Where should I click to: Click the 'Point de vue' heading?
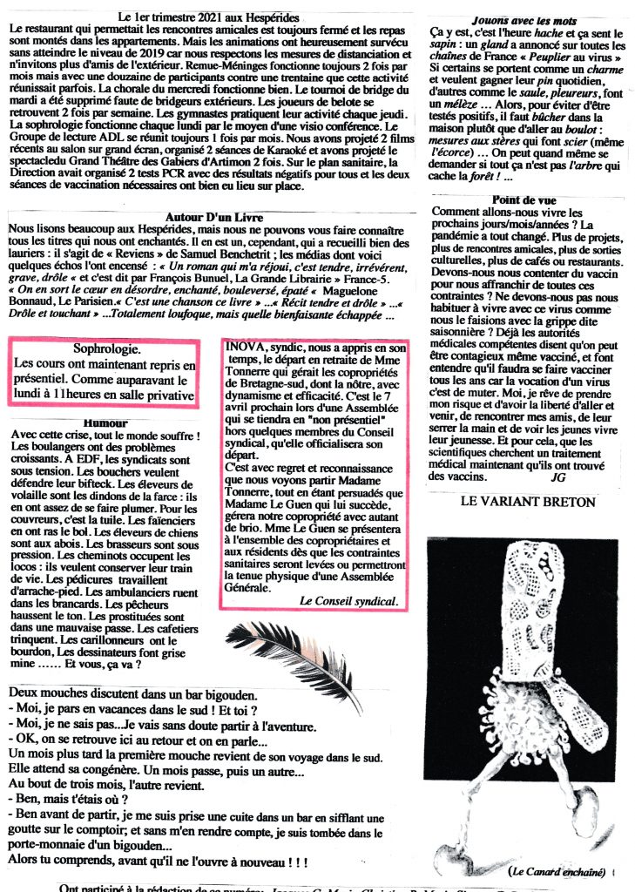524,200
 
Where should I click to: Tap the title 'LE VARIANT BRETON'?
528,502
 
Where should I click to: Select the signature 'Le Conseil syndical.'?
348,601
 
